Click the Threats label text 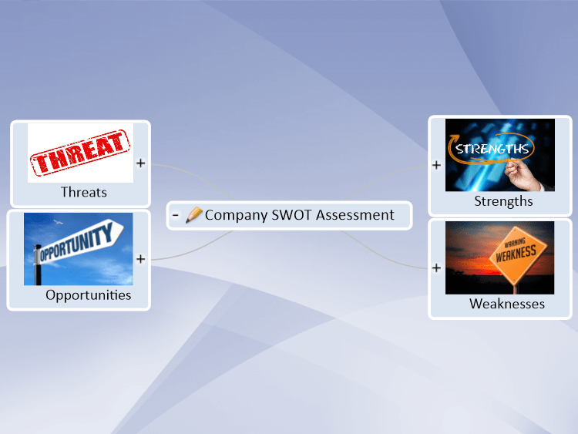point(84,192)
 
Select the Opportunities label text point(89,295)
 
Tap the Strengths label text point(503,201)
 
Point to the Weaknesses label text point(507,304)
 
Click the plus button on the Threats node point(140,163)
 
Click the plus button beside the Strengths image point(436,165)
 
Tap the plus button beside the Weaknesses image point(436,267)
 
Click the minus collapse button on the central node point(176,215)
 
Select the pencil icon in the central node point(194,214)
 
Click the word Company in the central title point(237,215)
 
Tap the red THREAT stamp point(80,153)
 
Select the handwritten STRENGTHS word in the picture point(492,149)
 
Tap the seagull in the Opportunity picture point(59,222)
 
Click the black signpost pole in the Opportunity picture point(38,265)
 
